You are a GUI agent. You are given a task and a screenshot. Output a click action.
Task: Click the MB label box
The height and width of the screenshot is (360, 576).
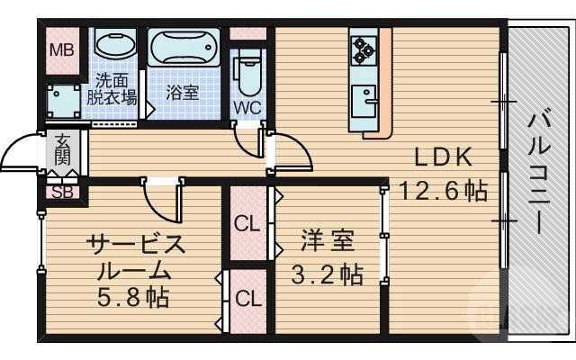click(61, 49)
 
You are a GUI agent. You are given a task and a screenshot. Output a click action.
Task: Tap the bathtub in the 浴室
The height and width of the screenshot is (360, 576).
click(184, 48)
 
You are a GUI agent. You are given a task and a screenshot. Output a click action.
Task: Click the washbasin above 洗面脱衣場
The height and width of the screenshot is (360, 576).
click(114, 46)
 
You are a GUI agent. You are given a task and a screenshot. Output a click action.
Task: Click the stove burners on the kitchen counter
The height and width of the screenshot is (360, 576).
click(363, 48)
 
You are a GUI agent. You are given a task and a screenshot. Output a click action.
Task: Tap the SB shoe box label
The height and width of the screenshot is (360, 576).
click(62, 192)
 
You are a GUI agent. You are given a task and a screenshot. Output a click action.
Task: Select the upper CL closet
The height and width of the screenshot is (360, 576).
click(247, 224)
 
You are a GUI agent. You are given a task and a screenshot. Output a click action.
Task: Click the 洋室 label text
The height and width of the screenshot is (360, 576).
click(327, 241)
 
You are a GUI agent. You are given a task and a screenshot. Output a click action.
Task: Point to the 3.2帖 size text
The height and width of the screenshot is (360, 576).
click(327, 274)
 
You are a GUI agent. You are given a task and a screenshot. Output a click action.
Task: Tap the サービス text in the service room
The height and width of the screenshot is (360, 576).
click(135, 243)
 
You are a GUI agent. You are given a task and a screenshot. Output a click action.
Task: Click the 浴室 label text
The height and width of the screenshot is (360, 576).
click(183, 91)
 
